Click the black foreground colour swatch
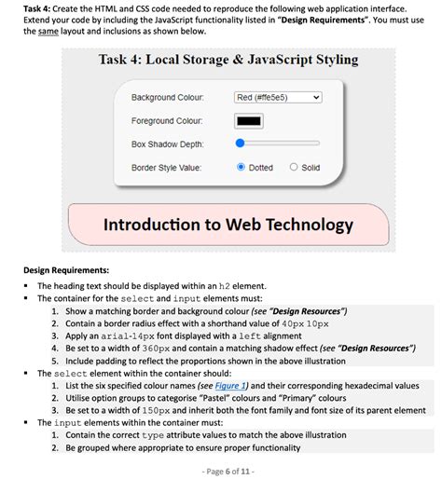tap(249, 120)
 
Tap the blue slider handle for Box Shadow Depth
tap(241, 144)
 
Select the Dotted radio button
tap(242, 168)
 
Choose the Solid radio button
tap(294, 168)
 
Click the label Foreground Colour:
tap(167, 120)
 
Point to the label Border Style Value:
tap(168, 168)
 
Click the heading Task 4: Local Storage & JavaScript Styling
tap(228, 61)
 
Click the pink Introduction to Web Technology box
tap(228, 226)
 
